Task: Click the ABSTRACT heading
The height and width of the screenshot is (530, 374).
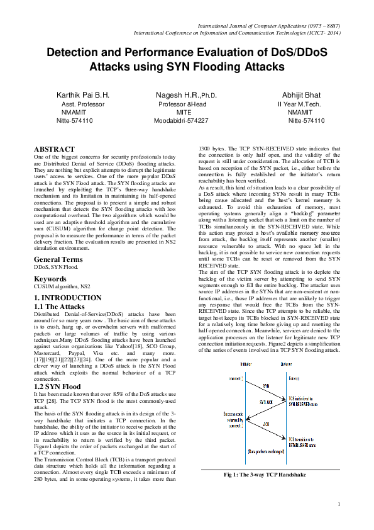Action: [x=54, y=149]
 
